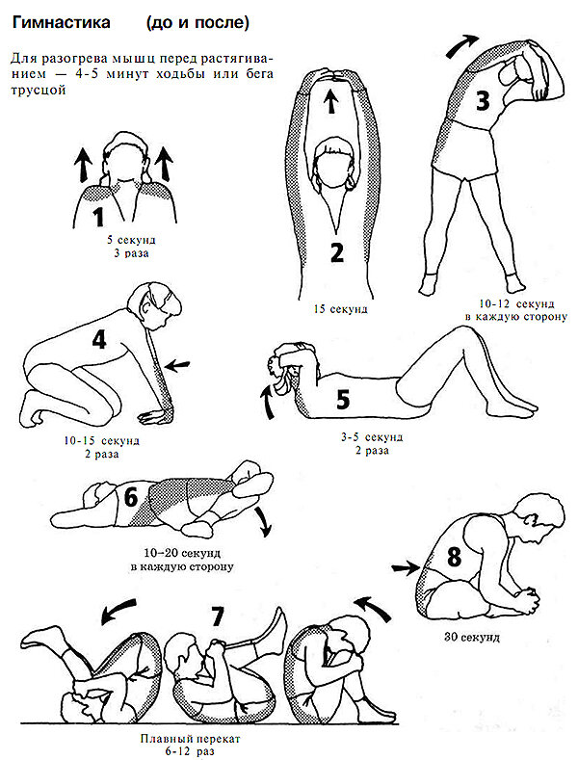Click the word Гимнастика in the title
(61, 22)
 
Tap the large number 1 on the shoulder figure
(98, 217)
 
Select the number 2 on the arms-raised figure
(336, 252)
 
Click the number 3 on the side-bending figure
(483, 101)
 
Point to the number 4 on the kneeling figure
(99, 340)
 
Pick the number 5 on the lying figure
(343, 400)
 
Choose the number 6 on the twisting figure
(131, 497)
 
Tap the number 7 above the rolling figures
(217, 616)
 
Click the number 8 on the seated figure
(454, 557)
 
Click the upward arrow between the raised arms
(331, 101)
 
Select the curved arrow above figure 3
(460, 45)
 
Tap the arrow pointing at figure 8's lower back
(406, 567)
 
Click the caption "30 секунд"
(471, 637)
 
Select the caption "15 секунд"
(340, 309)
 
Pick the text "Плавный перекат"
(190, 739)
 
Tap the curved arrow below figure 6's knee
(264, 522)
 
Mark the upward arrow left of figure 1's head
(84, 165)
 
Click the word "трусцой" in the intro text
(38, 91)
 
